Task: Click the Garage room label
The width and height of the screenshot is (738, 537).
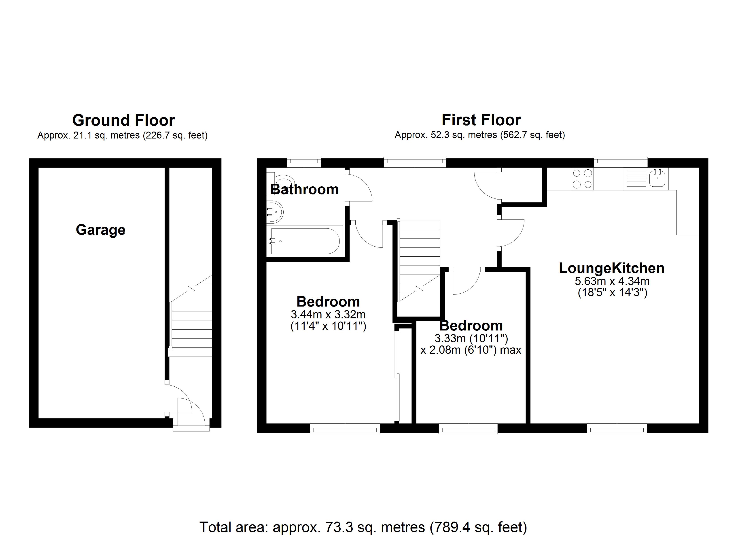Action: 101,230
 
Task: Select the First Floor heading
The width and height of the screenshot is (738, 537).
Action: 481,120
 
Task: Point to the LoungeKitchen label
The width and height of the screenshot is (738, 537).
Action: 611,268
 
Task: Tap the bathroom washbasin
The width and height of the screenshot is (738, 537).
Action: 275,212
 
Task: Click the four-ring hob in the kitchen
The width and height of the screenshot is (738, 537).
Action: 582,179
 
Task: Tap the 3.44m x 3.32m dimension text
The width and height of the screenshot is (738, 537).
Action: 328,315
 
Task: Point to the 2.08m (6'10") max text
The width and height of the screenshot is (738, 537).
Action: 471,350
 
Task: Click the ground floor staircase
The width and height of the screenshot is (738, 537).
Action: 191,322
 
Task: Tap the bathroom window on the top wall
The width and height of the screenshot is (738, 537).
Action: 304,162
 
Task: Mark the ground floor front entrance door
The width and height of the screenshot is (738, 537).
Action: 191,423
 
